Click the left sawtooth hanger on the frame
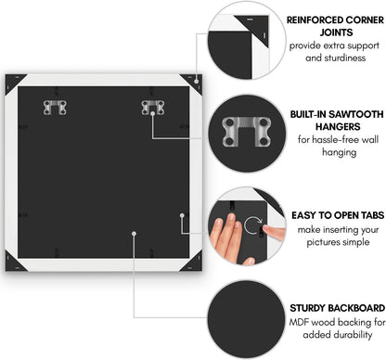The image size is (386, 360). (x=55, y=108)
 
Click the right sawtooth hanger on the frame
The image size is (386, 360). (x=153, y=108)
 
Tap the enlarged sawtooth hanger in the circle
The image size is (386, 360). (x=247, y=131)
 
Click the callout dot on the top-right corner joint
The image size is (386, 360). (x=197, y=82)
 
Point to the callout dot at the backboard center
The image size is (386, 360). (x=134, y=234)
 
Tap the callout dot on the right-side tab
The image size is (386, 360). (x=182, y=215)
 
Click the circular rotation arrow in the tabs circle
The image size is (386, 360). (x=252, y=225)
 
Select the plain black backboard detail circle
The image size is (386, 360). (x=247, y=319)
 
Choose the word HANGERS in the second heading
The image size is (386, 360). (x=338, y=126)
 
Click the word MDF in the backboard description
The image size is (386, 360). (x=299, y=322)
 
